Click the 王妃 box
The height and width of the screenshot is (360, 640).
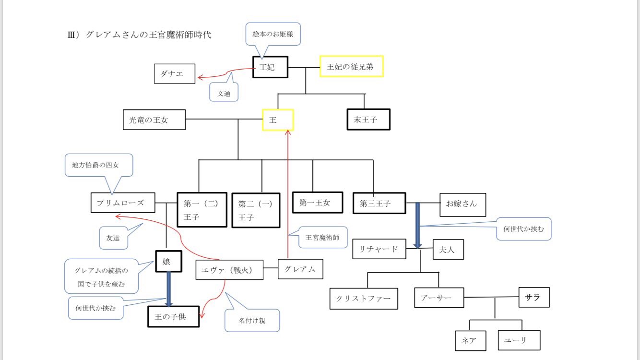click(x=270, y=67)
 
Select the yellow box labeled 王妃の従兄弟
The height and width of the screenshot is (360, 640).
click(x=352, y=67)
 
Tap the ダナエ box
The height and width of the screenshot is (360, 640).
click(x=175, y=74)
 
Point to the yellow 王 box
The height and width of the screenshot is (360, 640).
click(x=278, y=120)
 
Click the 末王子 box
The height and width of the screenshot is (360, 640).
click(x=368, y=120)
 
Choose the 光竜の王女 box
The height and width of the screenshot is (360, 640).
click(x=154, y=120)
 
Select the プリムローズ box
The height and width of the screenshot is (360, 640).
click(x=123, y=203)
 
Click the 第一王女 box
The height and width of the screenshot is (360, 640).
click(x=318, y=203)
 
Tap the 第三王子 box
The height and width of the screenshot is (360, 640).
click(x=379, y=204)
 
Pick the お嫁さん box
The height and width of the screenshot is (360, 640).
click(x=462, y=204)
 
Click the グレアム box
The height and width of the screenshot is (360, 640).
click(x=300, y=269)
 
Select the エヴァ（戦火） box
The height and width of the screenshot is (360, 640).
click(x=230, y=270)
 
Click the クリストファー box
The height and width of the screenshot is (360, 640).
click(x=364, y=299)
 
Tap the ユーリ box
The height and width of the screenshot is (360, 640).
click(x=519, y=340)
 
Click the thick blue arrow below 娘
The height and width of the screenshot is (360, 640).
click(x=169, y=288)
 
